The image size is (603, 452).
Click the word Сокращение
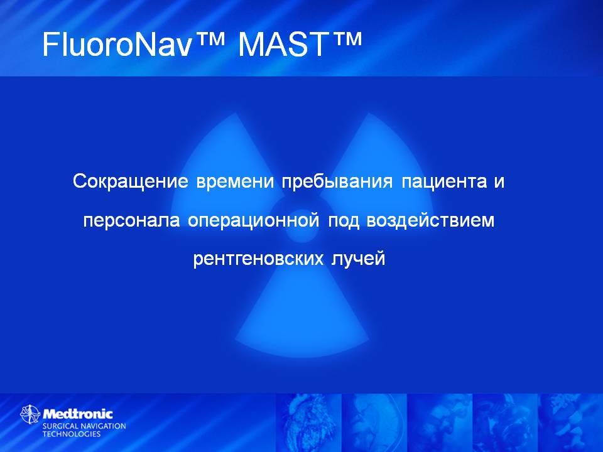click(x=131, y=181)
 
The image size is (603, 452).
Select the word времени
click(x=235, y=182)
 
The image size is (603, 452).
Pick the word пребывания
click(x=337, y=182)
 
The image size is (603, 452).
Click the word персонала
click(x=131, y=221)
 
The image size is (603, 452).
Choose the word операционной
click(x=253, y=221)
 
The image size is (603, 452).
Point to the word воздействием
click(x=430, y=220)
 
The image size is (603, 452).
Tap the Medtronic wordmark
click(x=78, y=414)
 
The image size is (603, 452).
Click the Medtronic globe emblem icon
click(x=30, y=414)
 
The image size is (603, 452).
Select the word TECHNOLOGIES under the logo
click(x=72, y=434)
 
